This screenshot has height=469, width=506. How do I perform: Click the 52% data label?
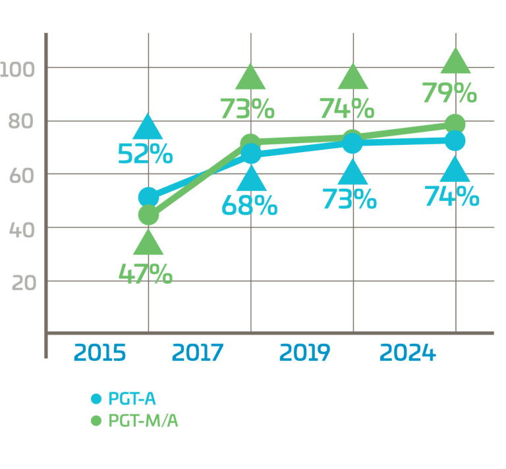coord(146,155)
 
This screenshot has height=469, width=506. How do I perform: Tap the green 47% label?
coord(146,273)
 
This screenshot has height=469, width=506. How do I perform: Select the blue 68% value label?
coord(249,206)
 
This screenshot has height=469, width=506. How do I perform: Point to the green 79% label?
coord(450,94)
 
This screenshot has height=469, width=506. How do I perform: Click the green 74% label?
coord(347,108)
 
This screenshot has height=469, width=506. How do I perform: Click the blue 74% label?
coord(452,196)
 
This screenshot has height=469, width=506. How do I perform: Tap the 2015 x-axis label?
coord(99,353)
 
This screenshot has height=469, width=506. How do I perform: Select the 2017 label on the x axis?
coord(197,353)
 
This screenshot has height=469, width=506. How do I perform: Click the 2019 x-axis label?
coord(304,353)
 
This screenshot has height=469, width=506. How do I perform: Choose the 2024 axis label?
coord(407,353)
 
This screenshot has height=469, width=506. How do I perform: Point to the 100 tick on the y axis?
coord(18,69)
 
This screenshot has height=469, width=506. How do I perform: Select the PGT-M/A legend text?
coord(143,420)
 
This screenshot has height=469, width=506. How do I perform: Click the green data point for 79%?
coord(455,124)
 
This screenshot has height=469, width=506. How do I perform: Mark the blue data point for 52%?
coord(148,196)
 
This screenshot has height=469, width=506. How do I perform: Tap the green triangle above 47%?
coord(148,243)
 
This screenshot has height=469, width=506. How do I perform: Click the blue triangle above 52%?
coord(148,126)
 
